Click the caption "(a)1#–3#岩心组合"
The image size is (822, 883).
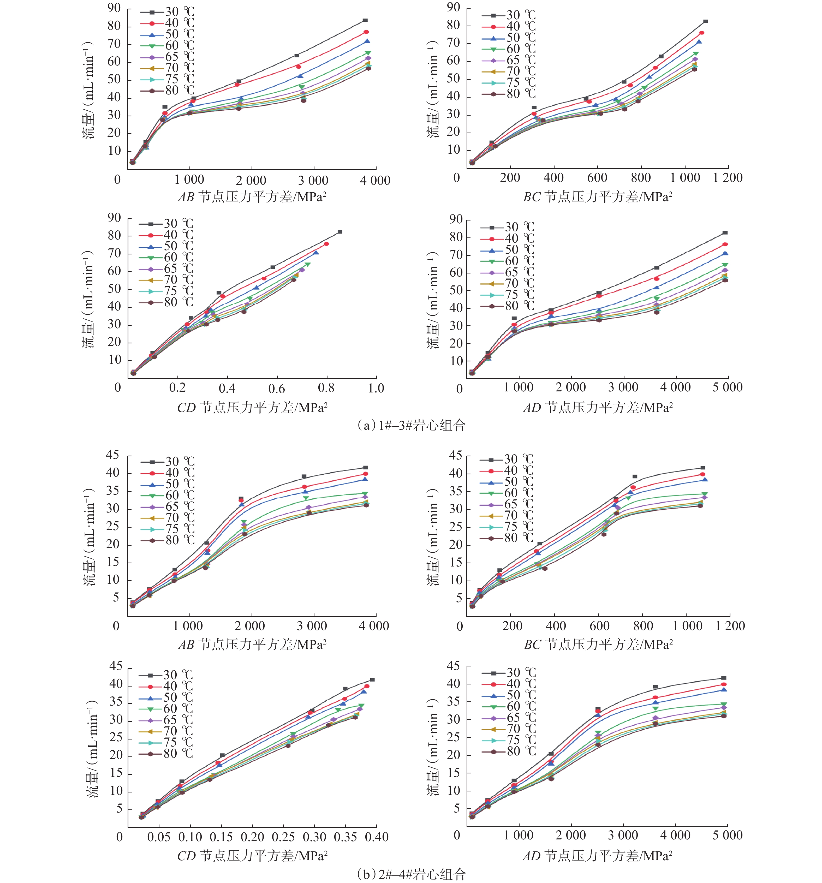411,426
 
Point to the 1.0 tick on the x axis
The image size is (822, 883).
376,388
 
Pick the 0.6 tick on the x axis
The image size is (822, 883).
277,388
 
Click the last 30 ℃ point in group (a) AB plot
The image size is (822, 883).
365,20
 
